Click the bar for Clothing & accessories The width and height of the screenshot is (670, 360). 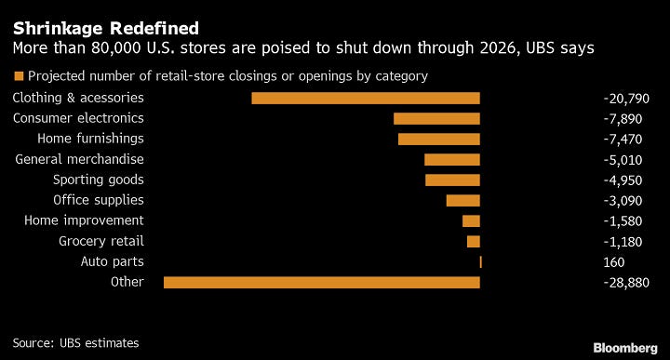coord(366,98)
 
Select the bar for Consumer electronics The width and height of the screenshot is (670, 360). coord(436,118)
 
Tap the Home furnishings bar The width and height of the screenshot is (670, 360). coord(439,139)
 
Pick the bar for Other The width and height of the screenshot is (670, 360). coord(322,282)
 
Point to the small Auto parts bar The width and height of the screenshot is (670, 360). coord(481,261)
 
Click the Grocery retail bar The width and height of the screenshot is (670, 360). coord(474,241)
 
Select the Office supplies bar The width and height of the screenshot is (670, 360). coord(463,200)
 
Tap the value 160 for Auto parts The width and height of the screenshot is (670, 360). coord(614,261)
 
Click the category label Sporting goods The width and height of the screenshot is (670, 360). coord(99,180)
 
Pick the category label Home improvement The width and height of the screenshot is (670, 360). coord(84,220)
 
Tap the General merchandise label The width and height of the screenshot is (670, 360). coord(80,159)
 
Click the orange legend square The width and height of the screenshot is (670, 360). coord(18,76)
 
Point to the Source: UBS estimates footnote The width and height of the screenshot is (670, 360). coord(75,342)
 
